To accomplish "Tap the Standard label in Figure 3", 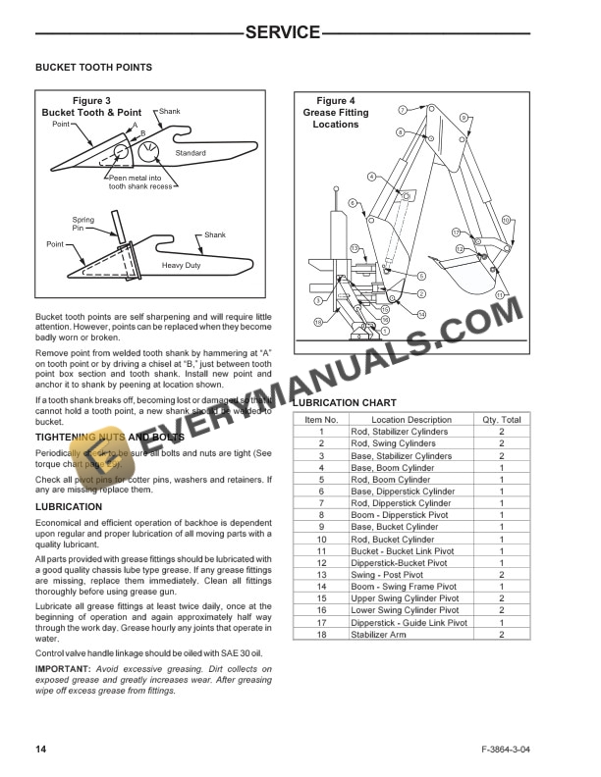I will click(191, 153).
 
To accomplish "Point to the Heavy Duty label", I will click(182, 266).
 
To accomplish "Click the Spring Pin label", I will click(83, 224).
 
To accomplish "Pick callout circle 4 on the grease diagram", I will click(371, 177).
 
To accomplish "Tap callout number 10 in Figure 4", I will click(507, 221).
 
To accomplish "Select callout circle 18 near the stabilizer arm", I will click(318, 322).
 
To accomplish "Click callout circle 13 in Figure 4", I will click(355, 249).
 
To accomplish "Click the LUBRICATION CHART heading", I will click(345, 402).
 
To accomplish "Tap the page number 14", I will click(41, 750).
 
